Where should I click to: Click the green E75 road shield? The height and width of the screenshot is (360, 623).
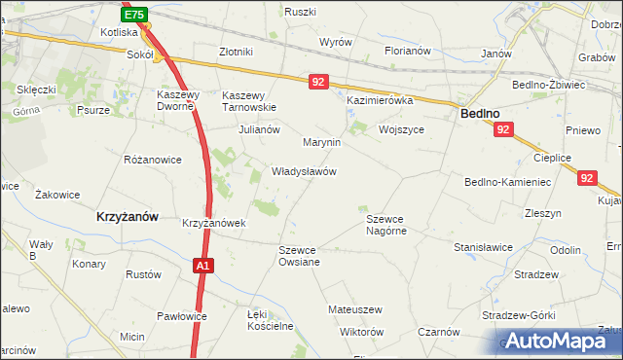[x=135, y=15]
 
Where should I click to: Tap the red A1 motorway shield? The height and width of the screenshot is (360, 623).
[x=202, y=265]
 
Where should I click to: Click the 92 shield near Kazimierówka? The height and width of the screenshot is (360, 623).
[x=318, y=83]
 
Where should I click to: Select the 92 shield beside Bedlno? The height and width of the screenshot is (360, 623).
[x=502, y=129]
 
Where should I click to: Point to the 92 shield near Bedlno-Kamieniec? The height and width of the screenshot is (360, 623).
[x=585, y=178]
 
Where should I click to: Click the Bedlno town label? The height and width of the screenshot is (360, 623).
[x=480, y=114]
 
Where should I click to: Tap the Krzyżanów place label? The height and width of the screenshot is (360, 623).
[x=128, y=217]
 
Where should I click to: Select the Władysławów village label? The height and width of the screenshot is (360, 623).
[x=304, y=171]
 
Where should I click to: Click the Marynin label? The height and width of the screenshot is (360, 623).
[x=321, y=142]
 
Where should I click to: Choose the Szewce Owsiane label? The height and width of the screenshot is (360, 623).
[x=299, y=256]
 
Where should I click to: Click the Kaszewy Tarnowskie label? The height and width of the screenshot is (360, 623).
[x=250, y=101]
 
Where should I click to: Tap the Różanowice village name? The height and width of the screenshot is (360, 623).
[x=153, y=159]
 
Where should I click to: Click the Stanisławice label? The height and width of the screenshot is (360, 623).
[x=483, y=247]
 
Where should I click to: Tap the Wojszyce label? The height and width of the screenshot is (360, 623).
[x=405, y=129]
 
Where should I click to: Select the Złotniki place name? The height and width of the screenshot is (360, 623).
[x=237, y=52]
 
